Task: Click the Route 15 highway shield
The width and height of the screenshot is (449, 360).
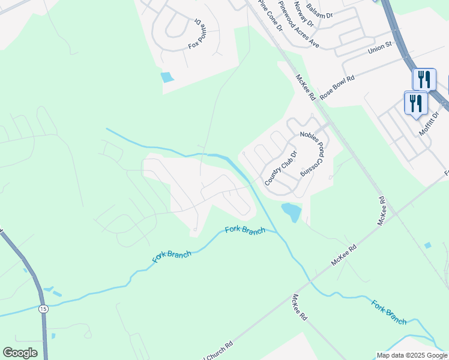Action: (x=43, y=308)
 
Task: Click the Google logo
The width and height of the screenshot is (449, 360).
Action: (x=20, y=353)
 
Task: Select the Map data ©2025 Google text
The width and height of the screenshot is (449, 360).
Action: (x=412, y=355)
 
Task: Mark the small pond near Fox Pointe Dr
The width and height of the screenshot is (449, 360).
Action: (x=166, y=77)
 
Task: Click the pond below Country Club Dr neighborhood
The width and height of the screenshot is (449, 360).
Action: (x=291, y=211)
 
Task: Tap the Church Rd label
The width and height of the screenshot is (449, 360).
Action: (x=220, y=351)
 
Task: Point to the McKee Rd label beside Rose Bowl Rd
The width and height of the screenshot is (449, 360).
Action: (x=306, y=86)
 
